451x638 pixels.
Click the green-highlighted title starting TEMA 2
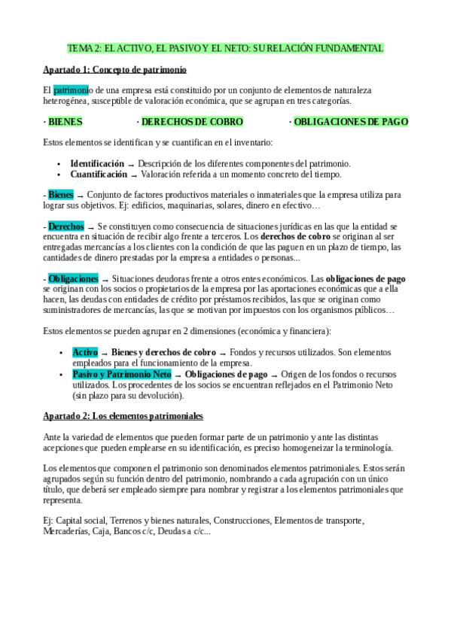coord(225,48)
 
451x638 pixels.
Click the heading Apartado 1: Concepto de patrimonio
coord(114,70)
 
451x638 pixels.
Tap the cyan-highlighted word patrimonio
coord(71,90)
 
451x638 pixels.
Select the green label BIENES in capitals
coord(65,121)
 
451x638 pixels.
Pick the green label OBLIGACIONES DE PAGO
coord(351,121)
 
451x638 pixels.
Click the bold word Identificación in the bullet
coord(97,163)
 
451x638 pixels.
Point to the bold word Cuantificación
coord(99,174)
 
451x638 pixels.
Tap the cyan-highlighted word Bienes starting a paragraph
coord(60,194)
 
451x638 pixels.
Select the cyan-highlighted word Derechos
coord(66,226)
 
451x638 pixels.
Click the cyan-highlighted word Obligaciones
coord(73,278)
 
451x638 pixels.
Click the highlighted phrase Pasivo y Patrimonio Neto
coord(122,374)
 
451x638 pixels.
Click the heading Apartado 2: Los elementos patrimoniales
coord(123,416)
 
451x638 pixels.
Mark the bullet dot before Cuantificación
coord(59,175)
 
